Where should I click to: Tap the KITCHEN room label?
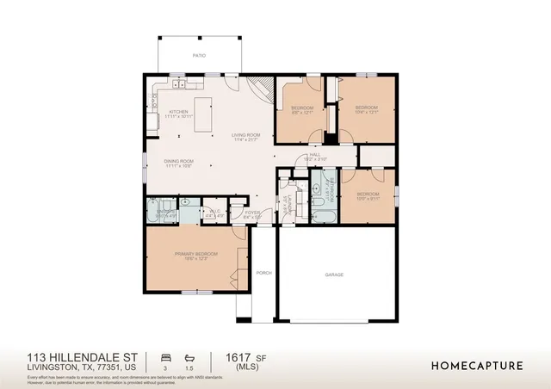point(178,112)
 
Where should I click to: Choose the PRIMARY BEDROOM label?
point(196,255)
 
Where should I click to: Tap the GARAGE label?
point(334,275)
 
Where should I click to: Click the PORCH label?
point(264,273)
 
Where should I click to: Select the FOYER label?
point(252,213)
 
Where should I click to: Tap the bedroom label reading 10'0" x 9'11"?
point(368,195)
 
